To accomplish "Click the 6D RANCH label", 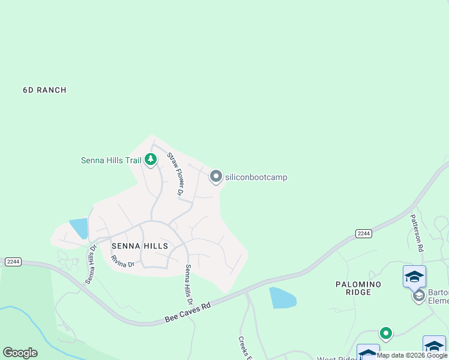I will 44,90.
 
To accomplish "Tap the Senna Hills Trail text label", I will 111,160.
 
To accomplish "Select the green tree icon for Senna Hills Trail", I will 151,160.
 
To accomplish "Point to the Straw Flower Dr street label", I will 175,175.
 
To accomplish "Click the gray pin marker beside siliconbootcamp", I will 215,176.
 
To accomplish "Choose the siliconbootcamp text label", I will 256,177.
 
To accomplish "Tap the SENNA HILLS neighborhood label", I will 139,246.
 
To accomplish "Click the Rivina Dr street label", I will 122,264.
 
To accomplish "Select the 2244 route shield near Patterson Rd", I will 363,233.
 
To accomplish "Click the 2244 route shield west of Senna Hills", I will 13,262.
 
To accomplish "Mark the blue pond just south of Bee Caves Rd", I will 282,298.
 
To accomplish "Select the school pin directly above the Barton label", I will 414,277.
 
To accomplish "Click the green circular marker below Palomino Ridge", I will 385,333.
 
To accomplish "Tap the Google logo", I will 20,352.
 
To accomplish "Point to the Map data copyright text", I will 412,355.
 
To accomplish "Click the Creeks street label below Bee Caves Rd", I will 244,346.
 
